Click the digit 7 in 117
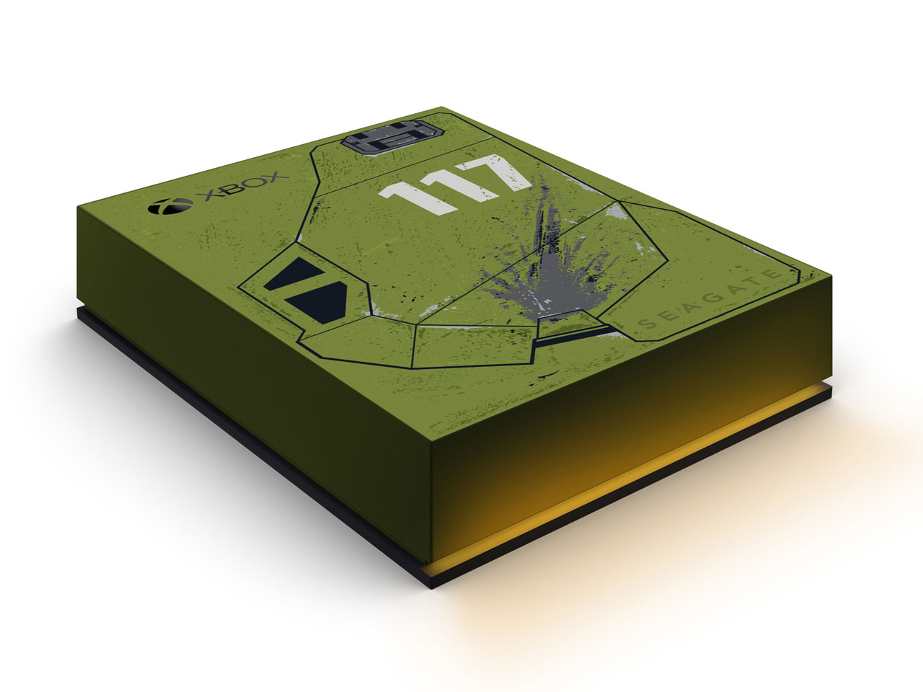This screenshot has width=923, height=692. click(500, 176)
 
